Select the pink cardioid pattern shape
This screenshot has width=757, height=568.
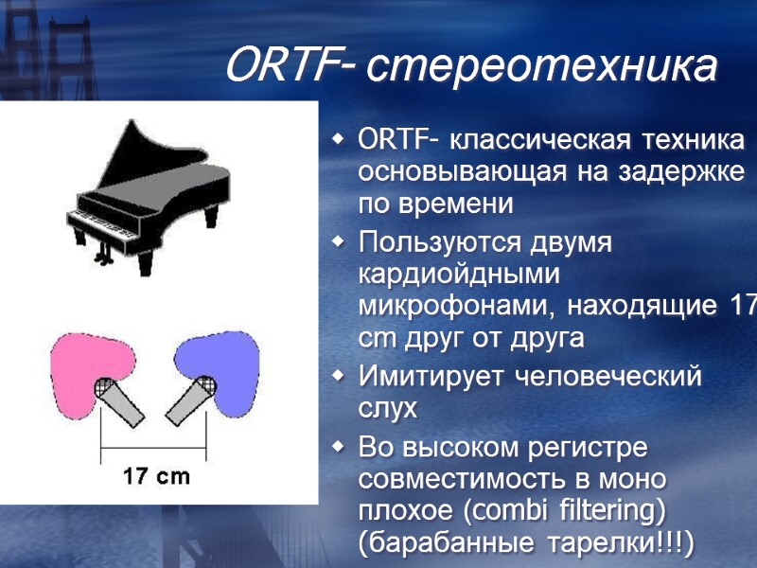(x=85, y=364)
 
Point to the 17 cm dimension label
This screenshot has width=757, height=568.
(x=157, y=476)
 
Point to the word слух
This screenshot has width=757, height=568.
(x=388, y=408)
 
